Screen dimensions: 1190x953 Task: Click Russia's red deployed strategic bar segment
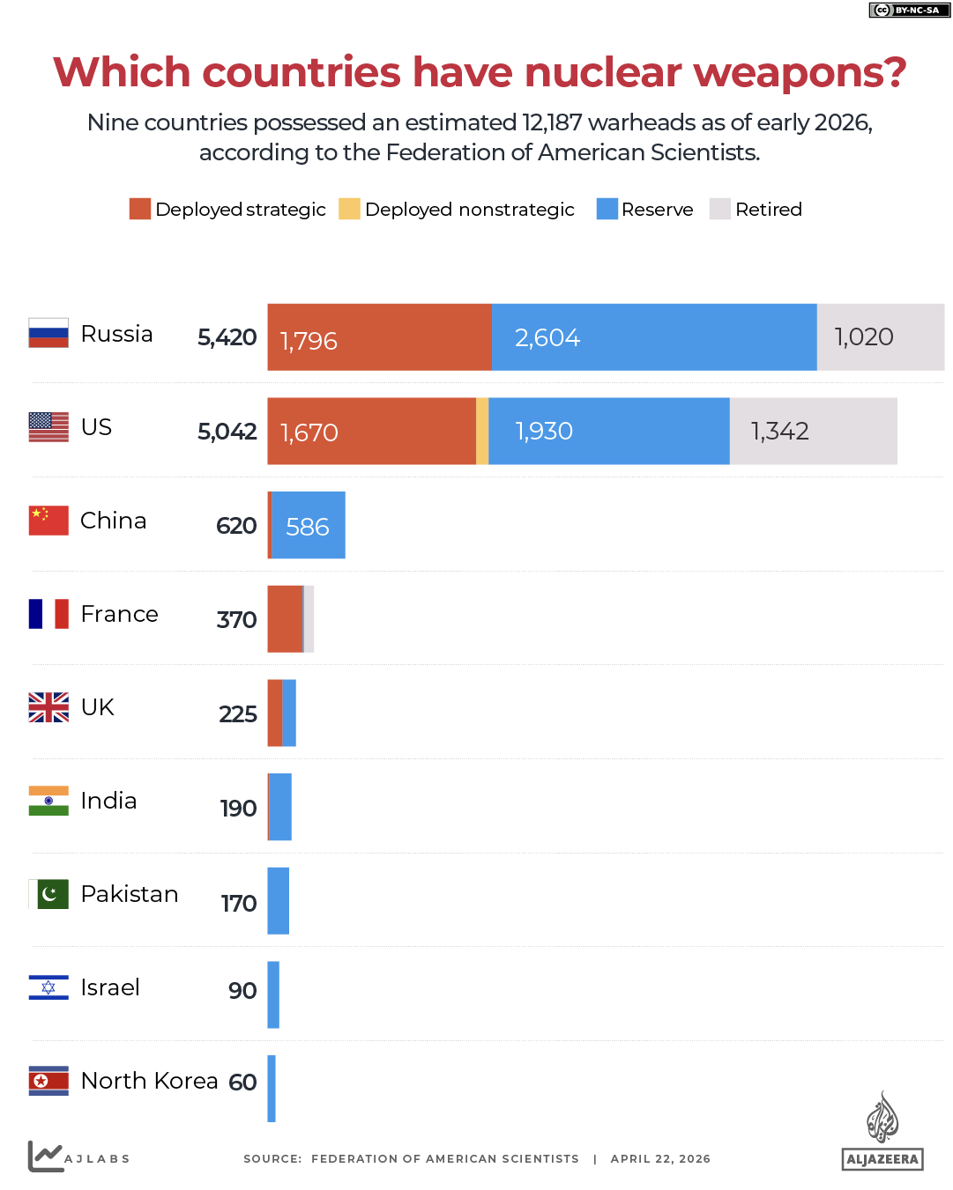(x=379, y=337)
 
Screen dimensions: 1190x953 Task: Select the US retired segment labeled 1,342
(x=813, y=431)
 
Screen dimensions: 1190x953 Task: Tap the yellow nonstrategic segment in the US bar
(x=482, y=431)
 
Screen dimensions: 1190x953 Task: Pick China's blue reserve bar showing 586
(x=309, y=525)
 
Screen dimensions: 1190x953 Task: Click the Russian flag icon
(x=48, y=333)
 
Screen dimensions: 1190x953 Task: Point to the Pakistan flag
(x=48, y=894)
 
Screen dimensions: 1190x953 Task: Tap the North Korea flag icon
(x=48, y=1081)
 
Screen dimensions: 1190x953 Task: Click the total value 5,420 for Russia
(x=227, y=337)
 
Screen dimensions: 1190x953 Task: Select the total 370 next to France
(x=236, y=619)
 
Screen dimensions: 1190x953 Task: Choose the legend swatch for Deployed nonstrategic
(x=349, y=209)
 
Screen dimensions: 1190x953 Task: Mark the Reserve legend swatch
(x=607, y=209)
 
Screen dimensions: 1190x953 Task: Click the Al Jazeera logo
(x=882, y=1132)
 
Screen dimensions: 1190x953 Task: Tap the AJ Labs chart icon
(x=45, y=1156)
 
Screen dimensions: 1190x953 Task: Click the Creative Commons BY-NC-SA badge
(x=909, y=10)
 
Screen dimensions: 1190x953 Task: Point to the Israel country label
(x=110, y=987)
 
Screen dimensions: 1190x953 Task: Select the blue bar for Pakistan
(x=278, y=900)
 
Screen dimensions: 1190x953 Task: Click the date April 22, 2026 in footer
(x=660, y=1159)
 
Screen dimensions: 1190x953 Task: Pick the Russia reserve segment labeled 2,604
(x=653, y=337)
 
